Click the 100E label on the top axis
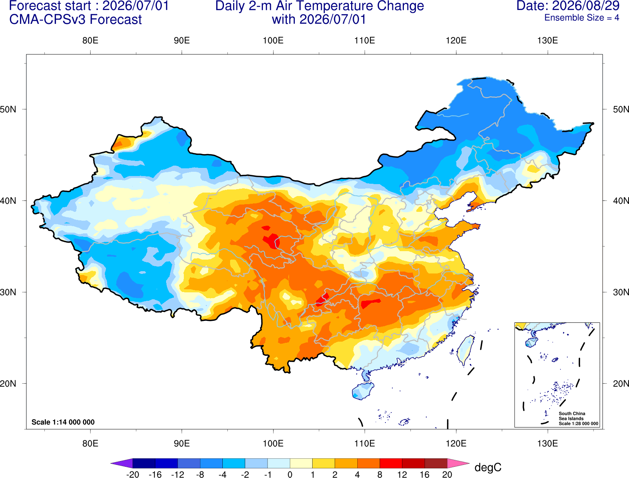coord(273,40)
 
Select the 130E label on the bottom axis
coord(547,444)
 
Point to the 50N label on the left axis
coord(8,109)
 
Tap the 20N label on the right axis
coord(621,384)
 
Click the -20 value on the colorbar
coord(133,475)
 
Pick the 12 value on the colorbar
coord(402,475)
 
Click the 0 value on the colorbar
coord(290,475)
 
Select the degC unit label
coord(488,467)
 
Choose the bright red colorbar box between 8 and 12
coord(391,463)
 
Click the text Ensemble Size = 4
coord(582,18)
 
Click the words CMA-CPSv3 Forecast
coord(76,20)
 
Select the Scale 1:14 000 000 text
coord(63,422)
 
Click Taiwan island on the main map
coord(465,350)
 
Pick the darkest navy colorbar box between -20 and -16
coord(144,463)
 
